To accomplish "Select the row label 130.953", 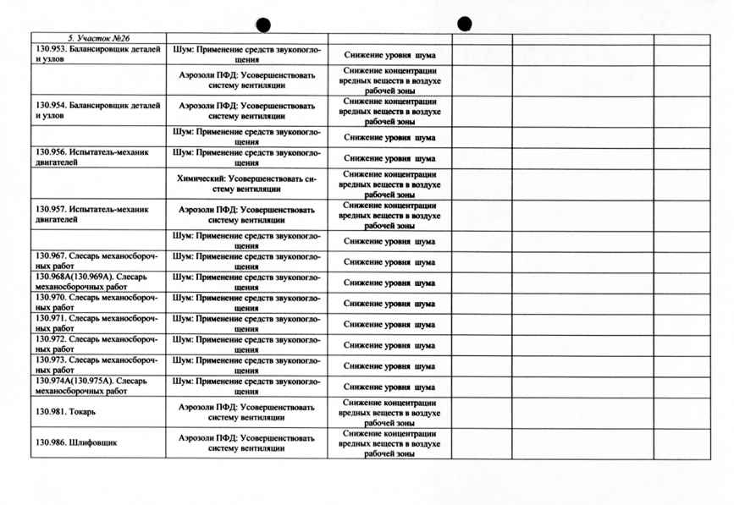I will (x=97, y=54).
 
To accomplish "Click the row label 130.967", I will (x=96, y=261).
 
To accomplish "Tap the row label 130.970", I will (x=96, y=303).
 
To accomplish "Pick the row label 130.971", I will (x=96, y=324).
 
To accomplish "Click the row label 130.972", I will (x=96, y=344).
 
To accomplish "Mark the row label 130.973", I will (x=96, y=365).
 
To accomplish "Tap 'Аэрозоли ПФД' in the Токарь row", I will (x=246, y=412).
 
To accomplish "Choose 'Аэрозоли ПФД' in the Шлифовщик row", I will (x=246, y=442).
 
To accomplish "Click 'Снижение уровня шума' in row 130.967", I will (x=389, y=262).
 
